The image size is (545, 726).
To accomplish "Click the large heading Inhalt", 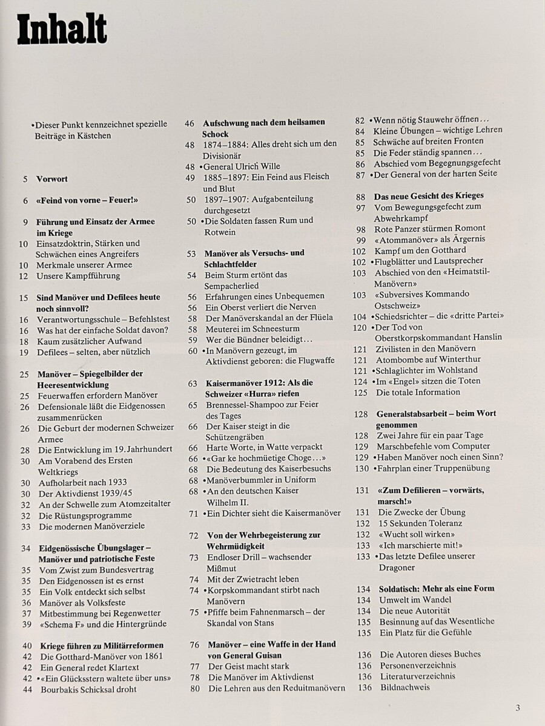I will tap(62, 30).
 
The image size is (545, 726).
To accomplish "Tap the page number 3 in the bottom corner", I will tap(517, 707).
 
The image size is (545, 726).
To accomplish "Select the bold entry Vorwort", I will tap(51, 179).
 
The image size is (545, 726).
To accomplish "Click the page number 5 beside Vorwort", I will tap(25, 179).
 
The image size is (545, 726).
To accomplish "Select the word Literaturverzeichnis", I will tap(418, 676).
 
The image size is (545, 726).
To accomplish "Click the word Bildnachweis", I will tap(405, 687).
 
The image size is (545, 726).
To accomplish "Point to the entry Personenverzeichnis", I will tap(418, 665).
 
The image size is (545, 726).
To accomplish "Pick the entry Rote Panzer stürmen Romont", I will tap(429, 228).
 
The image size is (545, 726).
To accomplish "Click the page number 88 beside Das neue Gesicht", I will tap(360, 196).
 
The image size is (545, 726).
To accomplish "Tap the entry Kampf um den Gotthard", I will tap(420, 250).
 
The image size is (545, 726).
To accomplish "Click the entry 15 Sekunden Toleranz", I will tap(420, 523).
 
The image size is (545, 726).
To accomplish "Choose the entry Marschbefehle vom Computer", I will tap(433, 446).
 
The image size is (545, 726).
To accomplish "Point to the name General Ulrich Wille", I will tap(242, 166).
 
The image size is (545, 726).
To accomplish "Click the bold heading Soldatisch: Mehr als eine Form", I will tap(436, 588).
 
